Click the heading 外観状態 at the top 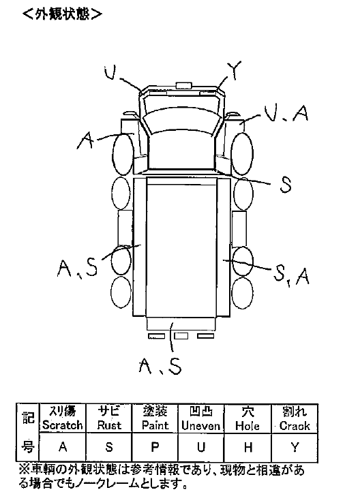coord(63,14)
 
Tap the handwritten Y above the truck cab coord(234,70)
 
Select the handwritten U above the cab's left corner coord(110,72)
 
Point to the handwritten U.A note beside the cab coord(286,113)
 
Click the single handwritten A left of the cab coord(85,140)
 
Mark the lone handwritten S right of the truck coord(285,184)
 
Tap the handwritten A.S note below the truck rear coord(161,366)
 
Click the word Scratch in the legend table coord(63,425)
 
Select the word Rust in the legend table coord(109,425)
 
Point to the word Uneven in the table coord(201,425)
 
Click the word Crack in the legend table coord(295,425)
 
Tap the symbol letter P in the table coord(155,447)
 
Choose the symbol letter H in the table coord(248,447)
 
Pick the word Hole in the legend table coord(247,425)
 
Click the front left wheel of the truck coord(123,154)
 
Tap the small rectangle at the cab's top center coord(183,85)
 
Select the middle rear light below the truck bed coord(181,336)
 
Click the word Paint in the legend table coord(155,425)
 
